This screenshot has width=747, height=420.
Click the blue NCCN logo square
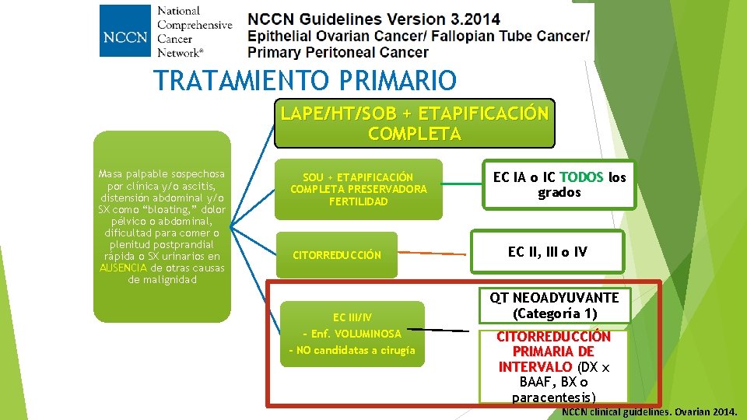(124, 31)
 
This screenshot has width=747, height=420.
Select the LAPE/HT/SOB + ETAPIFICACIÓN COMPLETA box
(414, 123)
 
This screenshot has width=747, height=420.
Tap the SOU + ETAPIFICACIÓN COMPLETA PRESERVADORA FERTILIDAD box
(359, 189)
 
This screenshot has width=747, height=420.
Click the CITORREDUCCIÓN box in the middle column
(337, 255)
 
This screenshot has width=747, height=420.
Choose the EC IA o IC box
(559, 184)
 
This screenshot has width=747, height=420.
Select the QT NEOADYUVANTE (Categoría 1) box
(554, 305)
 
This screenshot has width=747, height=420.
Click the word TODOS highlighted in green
(581, 177)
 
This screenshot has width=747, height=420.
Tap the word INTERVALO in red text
(535, 366)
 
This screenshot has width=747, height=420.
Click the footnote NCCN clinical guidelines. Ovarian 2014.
(651, 411)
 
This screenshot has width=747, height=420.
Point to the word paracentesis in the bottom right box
(553, 397)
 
